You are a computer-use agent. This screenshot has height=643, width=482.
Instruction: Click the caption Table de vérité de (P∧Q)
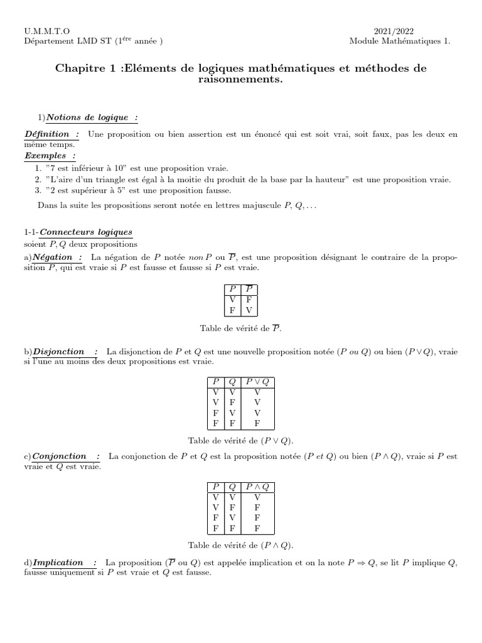click(x=241, y=546)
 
